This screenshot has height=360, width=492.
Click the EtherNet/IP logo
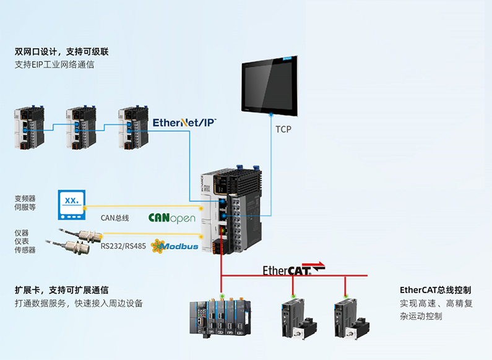[184, 122]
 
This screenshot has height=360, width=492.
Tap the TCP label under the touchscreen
[283, 129]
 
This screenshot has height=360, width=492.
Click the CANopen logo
[171, 218]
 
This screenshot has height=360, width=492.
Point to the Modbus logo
[175, 246]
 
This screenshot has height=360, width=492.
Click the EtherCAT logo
[293, 269]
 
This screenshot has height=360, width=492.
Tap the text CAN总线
[114, 218]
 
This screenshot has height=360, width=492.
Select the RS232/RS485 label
[123, 247]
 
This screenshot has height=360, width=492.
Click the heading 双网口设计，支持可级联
[66, 51]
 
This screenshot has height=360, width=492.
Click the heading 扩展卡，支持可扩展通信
[62, 289]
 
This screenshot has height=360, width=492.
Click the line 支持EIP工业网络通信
[54, 64]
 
